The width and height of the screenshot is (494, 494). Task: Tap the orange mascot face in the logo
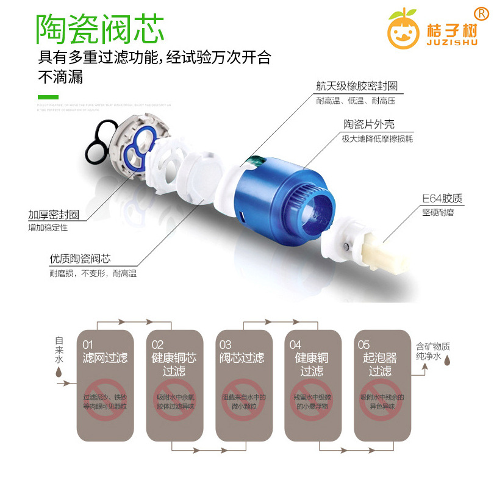(x=402, y=30)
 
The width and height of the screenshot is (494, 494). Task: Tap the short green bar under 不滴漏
(x=48, y=98)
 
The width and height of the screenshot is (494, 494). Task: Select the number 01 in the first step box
(x=88, y=345)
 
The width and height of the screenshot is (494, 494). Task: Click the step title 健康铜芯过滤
(x=174, y=364)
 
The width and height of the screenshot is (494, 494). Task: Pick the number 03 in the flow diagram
(x=225, y=345)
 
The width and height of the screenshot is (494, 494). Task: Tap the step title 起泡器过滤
(x=379, y=364)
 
